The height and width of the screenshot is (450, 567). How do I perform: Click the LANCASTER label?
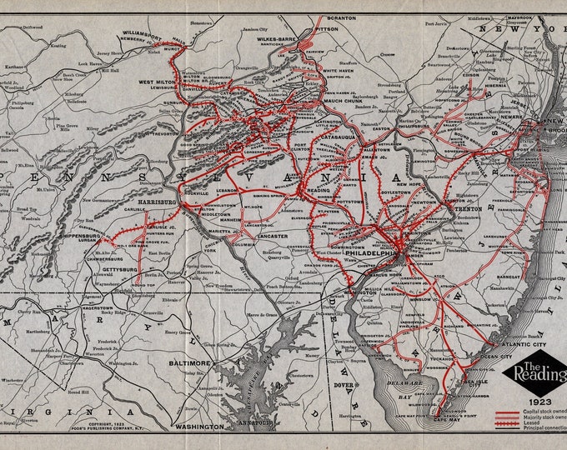[269, 237]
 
